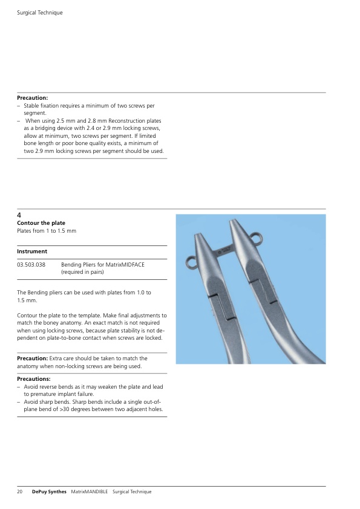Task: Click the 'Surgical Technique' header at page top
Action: tap(40, 13)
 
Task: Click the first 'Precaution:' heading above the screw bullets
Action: tap(32, 98)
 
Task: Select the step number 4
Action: tap(19, 215)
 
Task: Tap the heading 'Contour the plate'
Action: tap(41, 223)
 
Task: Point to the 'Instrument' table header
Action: tap(32, 251)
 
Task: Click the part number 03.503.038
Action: tap(31, 265)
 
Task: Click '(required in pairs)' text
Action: tap(82, 272)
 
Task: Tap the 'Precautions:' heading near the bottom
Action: tap(33, 379)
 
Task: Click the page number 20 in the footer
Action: tap(19, 491)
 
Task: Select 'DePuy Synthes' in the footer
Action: tap(49, 491)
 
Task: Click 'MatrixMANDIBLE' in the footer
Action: tap(90, 491)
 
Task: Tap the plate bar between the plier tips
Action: tap(225, 251)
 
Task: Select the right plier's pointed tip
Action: tap(232, 221)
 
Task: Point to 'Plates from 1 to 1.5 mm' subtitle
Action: tap(47, 231)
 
